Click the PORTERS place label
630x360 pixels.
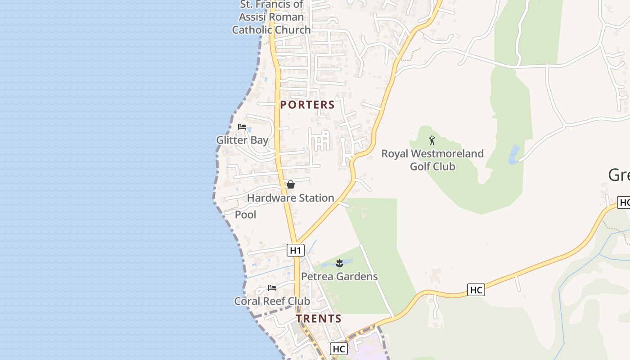point(307,105)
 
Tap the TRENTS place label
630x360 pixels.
point(319,319)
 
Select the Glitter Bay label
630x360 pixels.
point(242,140)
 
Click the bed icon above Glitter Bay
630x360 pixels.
point(242,127)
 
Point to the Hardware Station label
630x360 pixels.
point(290,198)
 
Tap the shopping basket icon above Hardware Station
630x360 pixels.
point(291,184)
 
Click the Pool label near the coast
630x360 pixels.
point(246,215)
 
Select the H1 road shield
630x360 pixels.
point(295,250)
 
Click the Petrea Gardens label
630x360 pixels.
point(339,276)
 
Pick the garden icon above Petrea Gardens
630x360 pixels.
point(340,263)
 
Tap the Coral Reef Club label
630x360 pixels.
point(272,301)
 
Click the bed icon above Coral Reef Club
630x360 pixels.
point(272,288)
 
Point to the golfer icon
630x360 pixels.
point(432,140)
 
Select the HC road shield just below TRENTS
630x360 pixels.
point(339,349)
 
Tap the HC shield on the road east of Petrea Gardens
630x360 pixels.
point(476,290)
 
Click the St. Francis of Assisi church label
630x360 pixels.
point(271,18)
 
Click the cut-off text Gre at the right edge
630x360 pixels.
point(619,175)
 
